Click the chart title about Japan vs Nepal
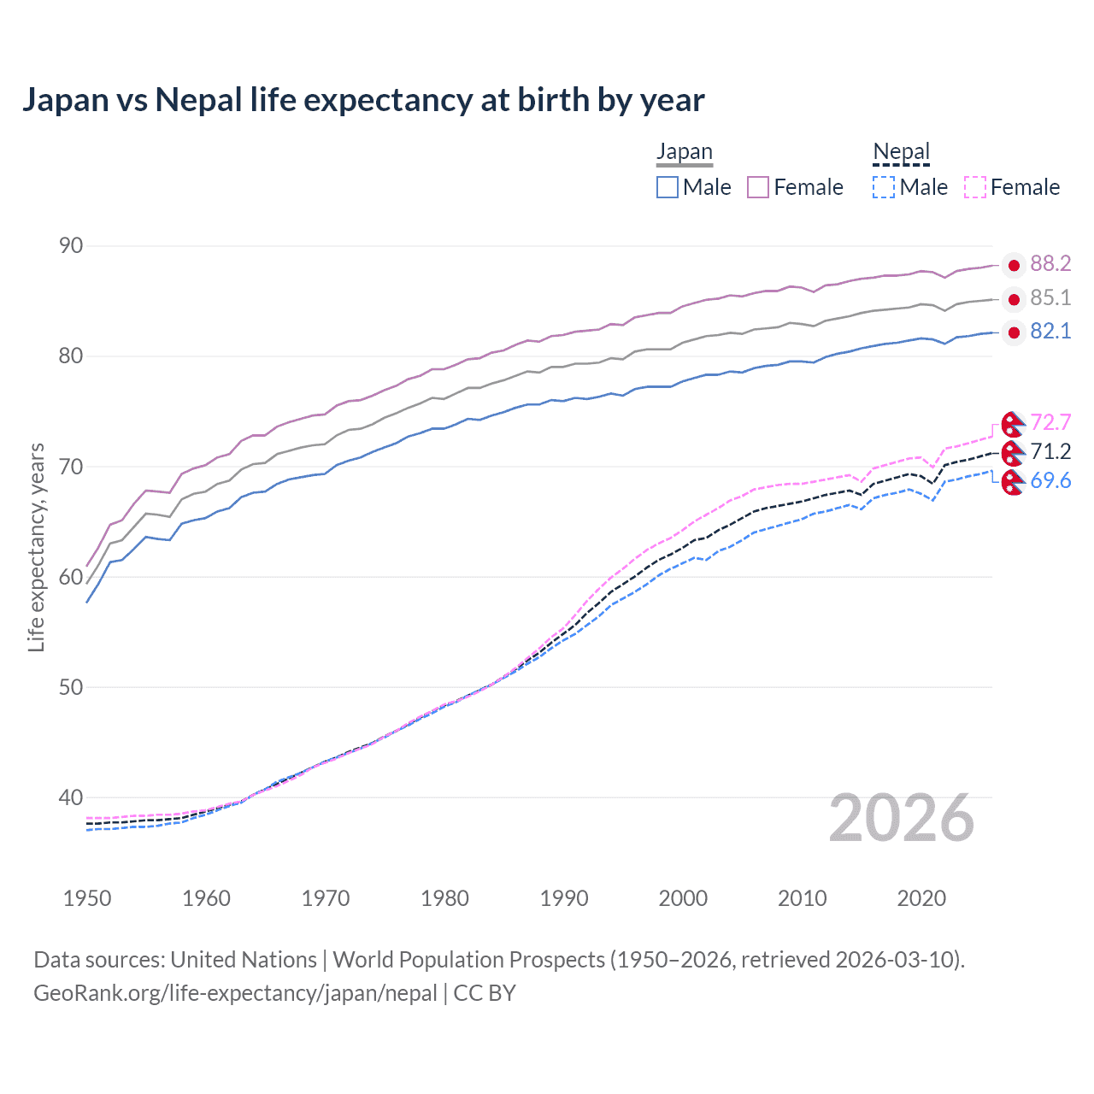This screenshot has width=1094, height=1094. tap(363, 100)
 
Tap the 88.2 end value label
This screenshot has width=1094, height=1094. tap(1050, 264)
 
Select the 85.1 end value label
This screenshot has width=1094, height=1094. tap(1050, 297)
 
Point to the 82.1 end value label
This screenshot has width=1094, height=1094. tap(1050, 332)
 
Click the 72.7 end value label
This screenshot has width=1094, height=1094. tap(1050, 422)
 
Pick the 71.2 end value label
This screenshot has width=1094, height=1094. tap(1050, 451)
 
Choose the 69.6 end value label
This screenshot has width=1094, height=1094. tap(1050, 480)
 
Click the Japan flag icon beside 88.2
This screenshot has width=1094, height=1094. tap(1014, 265)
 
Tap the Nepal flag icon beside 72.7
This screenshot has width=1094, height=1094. tap(1013, 424)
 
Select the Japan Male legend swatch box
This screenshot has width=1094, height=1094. tap(668, 187)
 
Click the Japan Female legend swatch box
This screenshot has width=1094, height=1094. tap(758, 187)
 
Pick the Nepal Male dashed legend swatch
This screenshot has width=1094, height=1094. tap(884, 187)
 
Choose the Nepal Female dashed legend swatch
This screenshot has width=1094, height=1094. tap(975, 187)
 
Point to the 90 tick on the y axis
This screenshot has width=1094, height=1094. tap(71, 246)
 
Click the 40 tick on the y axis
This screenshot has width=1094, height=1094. tap(71, 797)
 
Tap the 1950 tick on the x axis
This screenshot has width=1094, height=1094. tap(87, 898)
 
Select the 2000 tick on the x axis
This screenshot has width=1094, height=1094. tap(683, 898)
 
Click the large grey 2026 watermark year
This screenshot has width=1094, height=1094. tap(902, 818)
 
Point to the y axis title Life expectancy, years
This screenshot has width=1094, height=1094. tap(36, 547)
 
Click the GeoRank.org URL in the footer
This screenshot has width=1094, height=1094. tap(235, 993)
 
